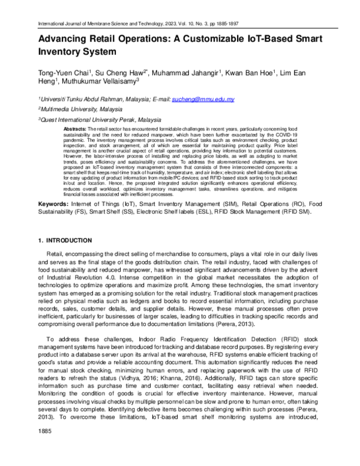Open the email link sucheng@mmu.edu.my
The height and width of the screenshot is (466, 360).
[194, 98]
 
